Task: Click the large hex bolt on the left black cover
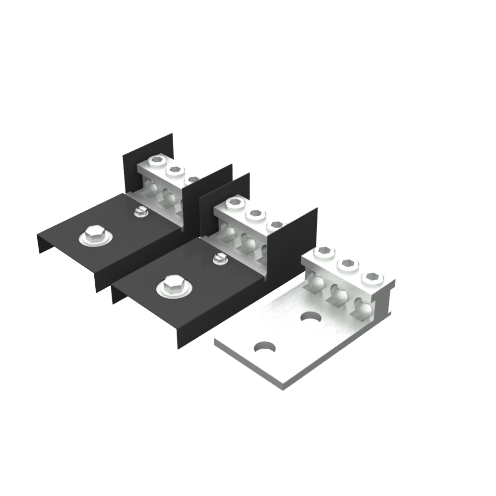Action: pyautogui.click(x=93, y=235)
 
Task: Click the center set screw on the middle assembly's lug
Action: pyautogui.click(x=256, y=214)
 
